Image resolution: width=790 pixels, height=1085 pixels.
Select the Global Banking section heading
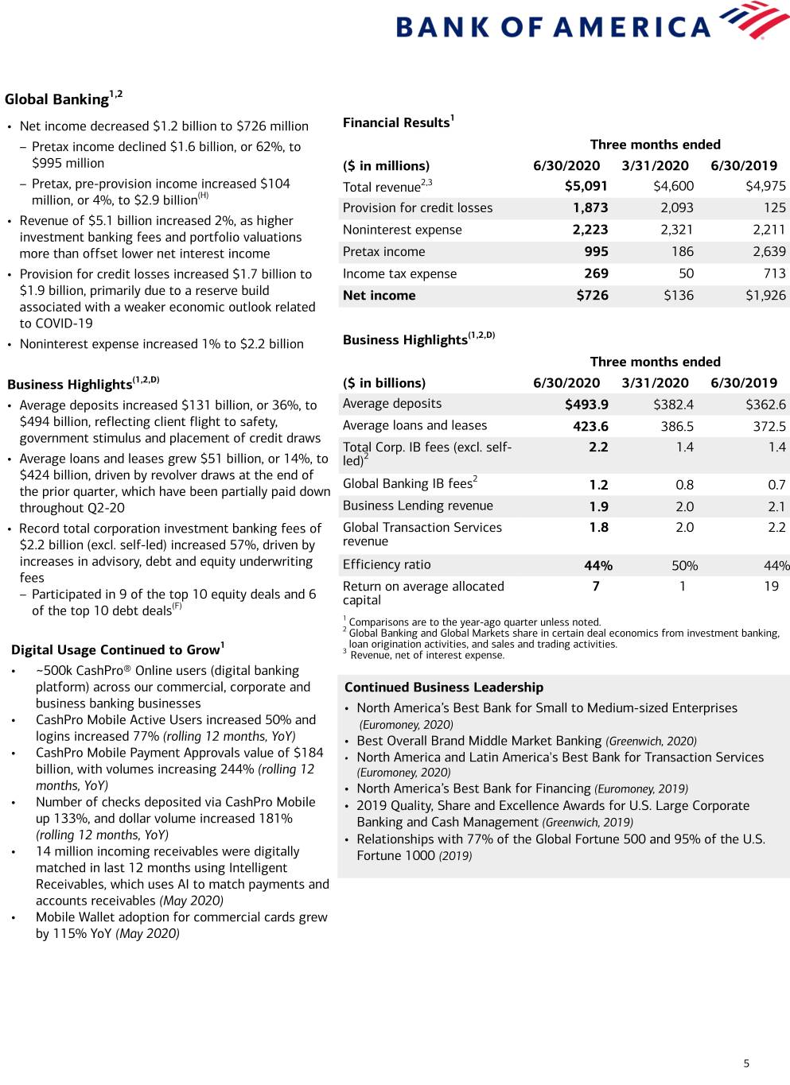56,99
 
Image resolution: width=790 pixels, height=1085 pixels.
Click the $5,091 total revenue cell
586,186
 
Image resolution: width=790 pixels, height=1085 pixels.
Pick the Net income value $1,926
765,296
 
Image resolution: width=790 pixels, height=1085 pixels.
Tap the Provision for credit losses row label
418,208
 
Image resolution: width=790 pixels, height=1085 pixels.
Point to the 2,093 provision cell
677,208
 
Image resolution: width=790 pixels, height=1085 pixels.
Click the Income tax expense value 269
596,273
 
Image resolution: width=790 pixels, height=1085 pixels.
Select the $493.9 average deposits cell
586,405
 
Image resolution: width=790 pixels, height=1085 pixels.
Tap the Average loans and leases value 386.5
677,426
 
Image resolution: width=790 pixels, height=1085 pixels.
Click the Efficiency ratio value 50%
684,566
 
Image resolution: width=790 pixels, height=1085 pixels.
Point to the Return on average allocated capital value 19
771,587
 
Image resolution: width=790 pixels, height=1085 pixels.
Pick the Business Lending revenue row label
418,506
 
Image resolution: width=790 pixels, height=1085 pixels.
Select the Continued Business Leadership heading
444,688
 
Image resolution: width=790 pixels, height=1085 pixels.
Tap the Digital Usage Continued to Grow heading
115,650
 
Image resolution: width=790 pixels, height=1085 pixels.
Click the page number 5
746,1064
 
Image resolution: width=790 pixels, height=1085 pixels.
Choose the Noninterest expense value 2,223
590,230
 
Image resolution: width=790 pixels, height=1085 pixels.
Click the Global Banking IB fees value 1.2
598,485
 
